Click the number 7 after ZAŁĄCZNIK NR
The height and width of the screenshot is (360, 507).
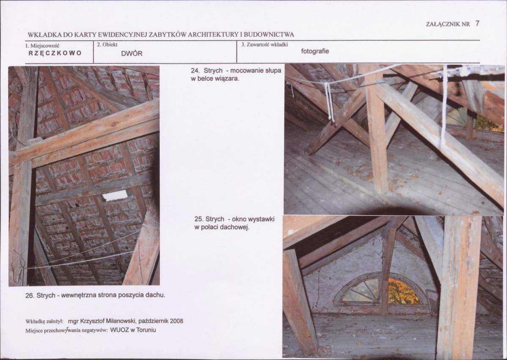coord(477,23)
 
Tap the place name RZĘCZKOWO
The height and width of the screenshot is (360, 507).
coord(55,53)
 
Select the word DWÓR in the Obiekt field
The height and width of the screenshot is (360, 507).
coord(132,54)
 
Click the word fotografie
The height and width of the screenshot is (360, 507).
coord(315,51)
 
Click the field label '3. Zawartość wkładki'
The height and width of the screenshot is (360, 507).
coord(264,44)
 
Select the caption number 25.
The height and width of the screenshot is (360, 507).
coord(199,219)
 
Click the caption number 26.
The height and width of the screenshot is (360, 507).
coord(30,295)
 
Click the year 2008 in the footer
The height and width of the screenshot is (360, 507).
coord(177,321)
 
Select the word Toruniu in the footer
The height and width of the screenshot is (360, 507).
coord(146,330)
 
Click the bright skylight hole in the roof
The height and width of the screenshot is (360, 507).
coord(115,195)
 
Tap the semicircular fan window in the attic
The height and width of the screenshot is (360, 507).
coord(381,289)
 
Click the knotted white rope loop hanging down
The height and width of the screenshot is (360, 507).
coord(329,102)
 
